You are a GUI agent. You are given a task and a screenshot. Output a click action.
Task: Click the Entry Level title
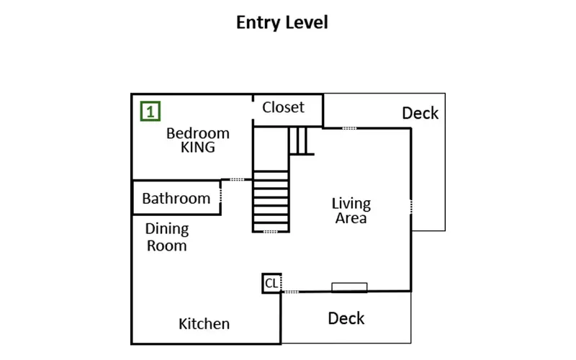click(282, 22)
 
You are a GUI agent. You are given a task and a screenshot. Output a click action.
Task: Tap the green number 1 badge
click(150, 111)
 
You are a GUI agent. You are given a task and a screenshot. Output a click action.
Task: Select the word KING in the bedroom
click(197, 148)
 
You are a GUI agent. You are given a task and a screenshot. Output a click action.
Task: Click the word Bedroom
click(197, 133)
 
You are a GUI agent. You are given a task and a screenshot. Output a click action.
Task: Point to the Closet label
click(283, 107)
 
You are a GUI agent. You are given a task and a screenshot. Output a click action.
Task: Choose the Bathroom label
click(176, 199)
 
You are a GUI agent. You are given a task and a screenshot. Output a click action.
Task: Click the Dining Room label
click(167, 237)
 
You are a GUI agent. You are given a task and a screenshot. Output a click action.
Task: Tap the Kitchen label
click(204, 323)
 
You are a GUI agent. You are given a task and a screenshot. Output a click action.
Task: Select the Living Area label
click(351, 210)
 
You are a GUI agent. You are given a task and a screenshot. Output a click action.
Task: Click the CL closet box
click(271, 283)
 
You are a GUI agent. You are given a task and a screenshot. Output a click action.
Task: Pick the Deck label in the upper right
click(420, 113)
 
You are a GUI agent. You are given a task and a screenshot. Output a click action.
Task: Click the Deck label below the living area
click(346, 318)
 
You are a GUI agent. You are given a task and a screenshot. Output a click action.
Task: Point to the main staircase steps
click(271, 202)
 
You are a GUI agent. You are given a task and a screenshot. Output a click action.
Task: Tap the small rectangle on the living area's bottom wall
click(349, 287)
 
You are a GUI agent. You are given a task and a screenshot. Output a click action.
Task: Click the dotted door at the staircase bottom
click(271, 232)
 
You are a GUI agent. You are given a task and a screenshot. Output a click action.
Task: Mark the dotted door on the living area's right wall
click(411, 207)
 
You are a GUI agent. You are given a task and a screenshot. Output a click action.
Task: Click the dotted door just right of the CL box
click(291, 292)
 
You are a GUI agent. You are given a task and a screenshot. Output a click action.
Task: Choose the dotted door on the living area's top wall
click(349, 128)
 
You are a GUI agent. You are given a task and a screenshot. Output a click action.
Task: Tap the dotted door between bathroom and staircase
click(237, 179)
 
